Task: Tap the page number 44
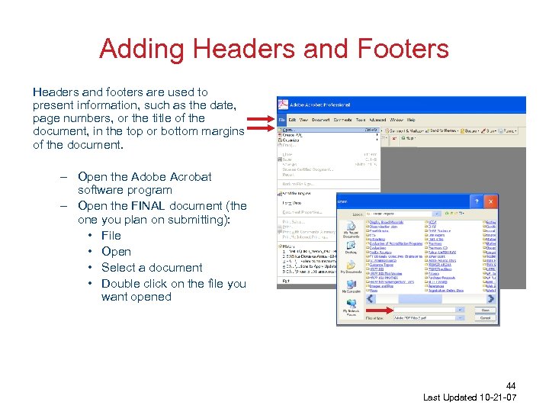(511, 387)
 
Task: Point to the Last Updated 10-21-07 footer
(470, 398)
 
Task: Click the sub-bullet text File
(111, 236)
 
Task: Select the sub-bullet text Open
(116, 252)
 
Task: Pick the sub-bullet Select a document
(152, 268)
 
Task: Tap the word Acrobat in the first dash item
(187, 176)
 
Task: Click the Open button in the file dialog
(485, 311)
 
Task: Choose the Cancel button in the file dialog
(485, 317)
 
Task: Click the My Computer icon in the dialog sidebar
(351, 285)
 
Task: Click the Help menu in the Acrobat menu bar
(412, 120)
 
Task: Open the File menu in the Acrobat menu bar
(281, 120)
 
